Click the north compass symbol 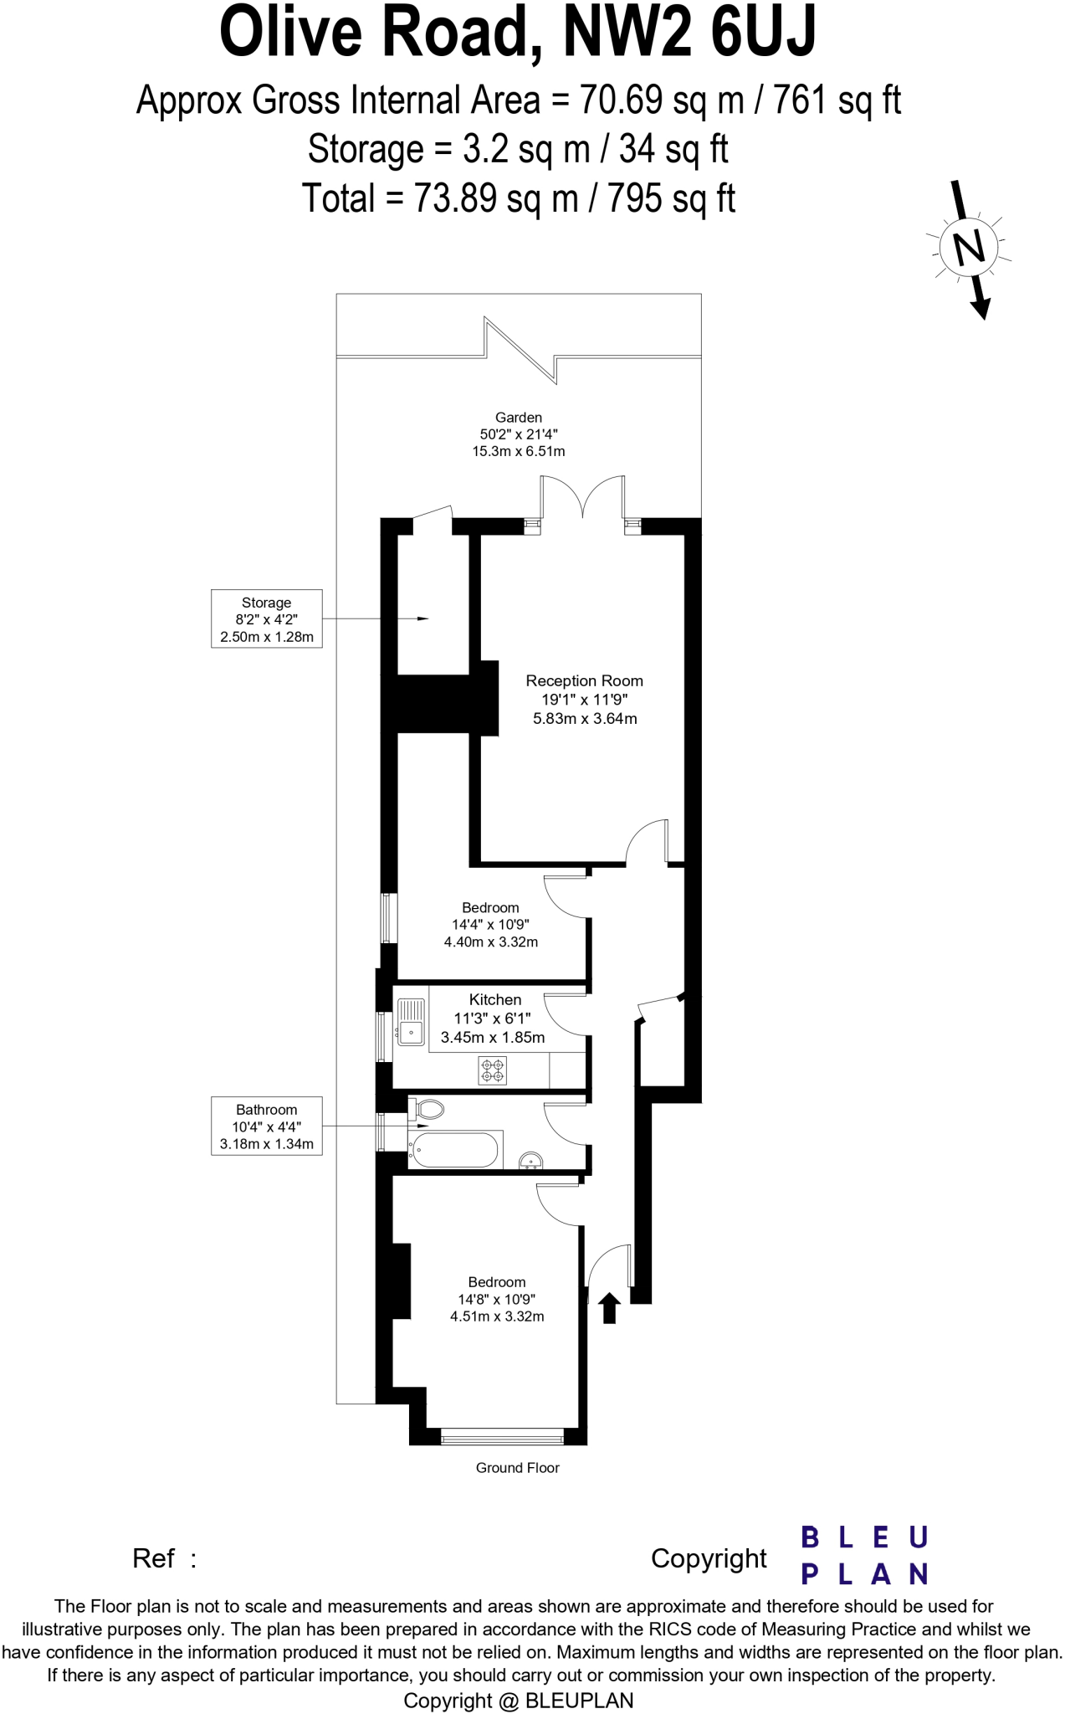[969, 249]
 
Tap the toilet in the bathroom [428, 1110]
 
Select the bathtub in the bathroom [456, 1150]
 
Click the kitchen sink [411, 1022]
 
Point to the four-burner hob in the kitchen [492, 1070]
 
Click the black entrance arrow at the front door [609, 1307]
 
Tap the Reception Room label [584, 681]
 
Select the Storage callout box [266, 619]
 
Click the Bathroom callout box [266, 1126]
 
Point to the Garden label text [518, 418]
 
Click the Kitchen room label [494, 999]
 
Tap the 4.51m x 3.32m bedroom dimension [497, 1316]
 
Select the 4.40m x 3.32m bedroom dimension [491, 942]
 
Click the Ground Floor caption [517, 1468]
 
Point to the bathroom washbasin [530, 1161]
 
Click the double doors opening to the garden [582, 500]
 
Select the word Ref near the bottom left [154, 1558]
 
